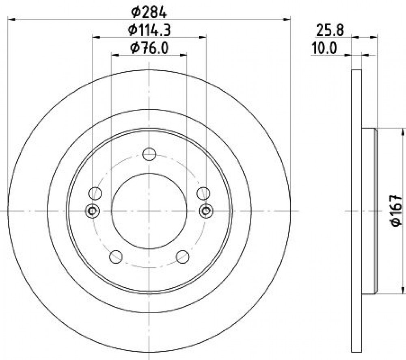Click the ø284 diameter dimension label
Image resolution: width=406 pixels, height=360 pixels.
tap(149, 12)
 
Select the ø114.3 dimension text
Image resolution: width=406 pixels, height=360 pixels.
tap(149, 30)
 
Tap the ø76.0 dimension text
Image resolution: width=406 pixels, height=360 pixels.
tap(149, 48)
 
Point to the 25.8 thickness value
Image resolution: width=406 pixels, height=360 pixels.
tap(330, 30)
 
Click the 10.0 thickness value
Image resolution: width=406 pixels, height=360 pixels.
tap(324, 48)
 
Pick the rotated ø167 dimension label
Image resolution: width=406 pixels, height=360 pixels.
tap(396, 211)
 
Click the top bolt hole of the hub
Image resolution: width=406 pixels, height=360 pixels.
tap(149, 154)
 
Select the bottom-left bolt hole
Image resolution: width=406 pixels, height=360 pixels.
tap(116, 256)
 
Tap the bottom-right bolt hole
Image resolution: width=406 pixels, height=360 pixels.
tap(183, 256)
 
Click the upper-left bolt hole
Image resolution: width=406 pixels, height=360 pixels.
tap(95, 193)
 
